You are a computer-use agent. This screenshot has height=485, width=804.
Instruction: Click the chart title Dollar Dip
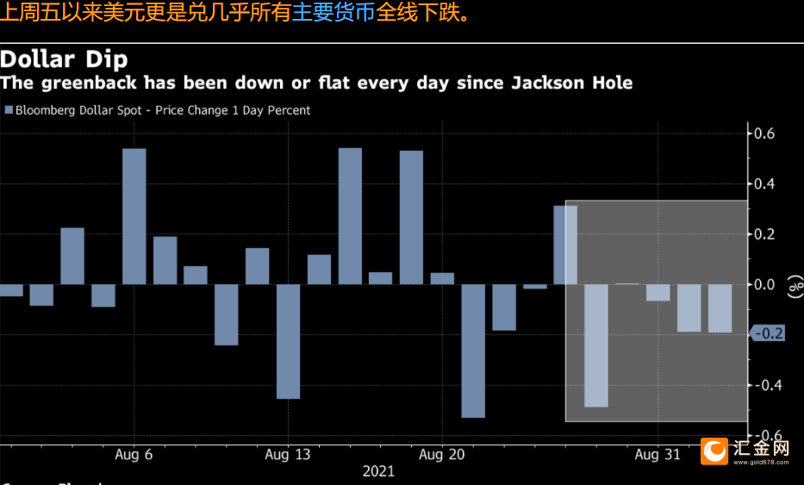coord(65,59)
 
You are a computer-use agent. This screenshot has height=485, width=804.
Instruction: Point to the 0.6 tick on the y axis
coord(765,134)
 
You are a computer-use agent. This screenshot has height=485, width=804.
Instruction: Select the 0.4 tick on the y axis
coord(765,183)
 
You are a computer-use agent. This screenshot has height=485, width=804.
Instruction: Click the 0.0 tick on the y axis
coord(765,284)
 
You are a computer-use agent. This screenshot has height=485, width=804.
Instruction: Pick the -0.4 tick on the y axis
coord(763,385)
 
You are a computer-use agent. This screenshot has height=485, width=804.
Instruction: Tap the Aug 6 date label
coord(134,454)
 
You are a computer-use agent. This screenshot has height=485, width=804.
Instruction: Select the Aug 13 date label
coord(288,454)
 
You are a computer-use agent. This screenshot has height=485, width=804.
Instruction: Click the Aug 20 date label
coord(442,454)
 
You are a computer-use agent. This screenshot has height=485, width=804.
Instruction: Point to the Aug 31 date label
coord(658,454)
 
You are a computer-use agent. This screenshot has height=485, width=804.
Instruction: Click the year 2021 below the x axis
coord(378,471)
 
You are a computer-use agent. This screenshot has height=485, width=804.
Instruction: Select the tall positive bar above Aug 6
coord(134,216)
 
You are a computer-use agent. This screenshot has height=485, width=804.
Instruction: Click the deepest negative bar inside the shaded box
coord(596,345)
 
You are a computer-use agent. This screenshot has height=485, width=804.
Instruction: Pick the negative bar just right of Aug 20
coord(473,351)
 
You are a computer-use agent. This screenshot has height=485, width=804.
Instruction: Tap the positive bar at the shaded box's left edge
coord(565,245)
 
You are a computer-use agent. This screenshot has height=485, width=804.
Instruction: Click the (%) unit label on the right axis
coord(789,285)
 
